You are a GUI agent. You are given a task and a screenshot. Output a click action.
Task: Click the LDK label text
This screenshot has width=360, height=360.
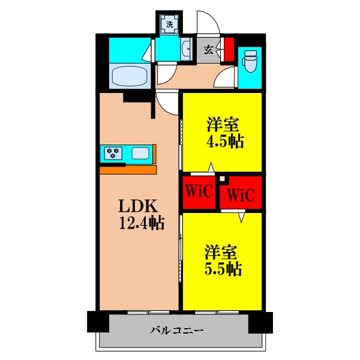(x=138, y=206)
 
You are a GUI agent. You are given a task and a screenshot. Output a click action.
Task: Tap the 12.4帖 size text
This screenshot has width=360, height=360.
(x=142, y=224)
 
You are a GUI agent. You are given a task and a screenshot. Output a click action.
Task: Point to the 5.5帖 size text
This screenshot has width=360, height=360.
(x=223, y=269)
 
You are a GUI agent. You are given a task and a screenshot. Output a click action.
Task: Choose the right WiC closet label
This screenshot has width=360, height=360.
(x=241, y=195)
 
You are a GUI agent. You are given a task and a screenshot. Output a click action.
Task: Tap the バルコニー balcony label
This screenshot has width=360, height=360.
(x=177, y=330)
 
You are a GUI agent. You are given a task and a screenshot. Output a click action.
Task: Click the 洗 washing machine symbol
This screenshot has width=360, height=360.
(x=170, y=25)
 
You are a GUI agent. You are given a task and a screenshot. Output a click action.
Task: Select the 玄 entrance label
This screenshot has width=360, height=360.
(x=208, y=50)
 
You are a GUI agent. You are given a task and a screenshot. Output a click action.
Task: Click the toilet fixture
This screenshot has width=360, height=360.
(x=249, y=61)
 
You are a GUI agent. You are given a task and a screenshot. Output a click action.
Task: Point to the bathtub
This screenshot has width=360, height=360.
(x=130, y=77)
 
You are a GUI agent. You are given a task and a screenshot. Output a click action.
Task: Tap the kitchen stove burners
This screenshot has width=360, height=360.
(x=113, y=153)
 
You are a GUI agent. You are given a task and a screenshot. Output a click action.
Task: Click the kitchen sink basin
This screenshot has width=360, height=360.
(x=140, y=153)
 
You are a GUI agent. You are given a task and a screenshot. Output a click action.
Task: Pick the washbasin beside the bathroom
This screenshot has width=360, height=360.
(x=184, y=50)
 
